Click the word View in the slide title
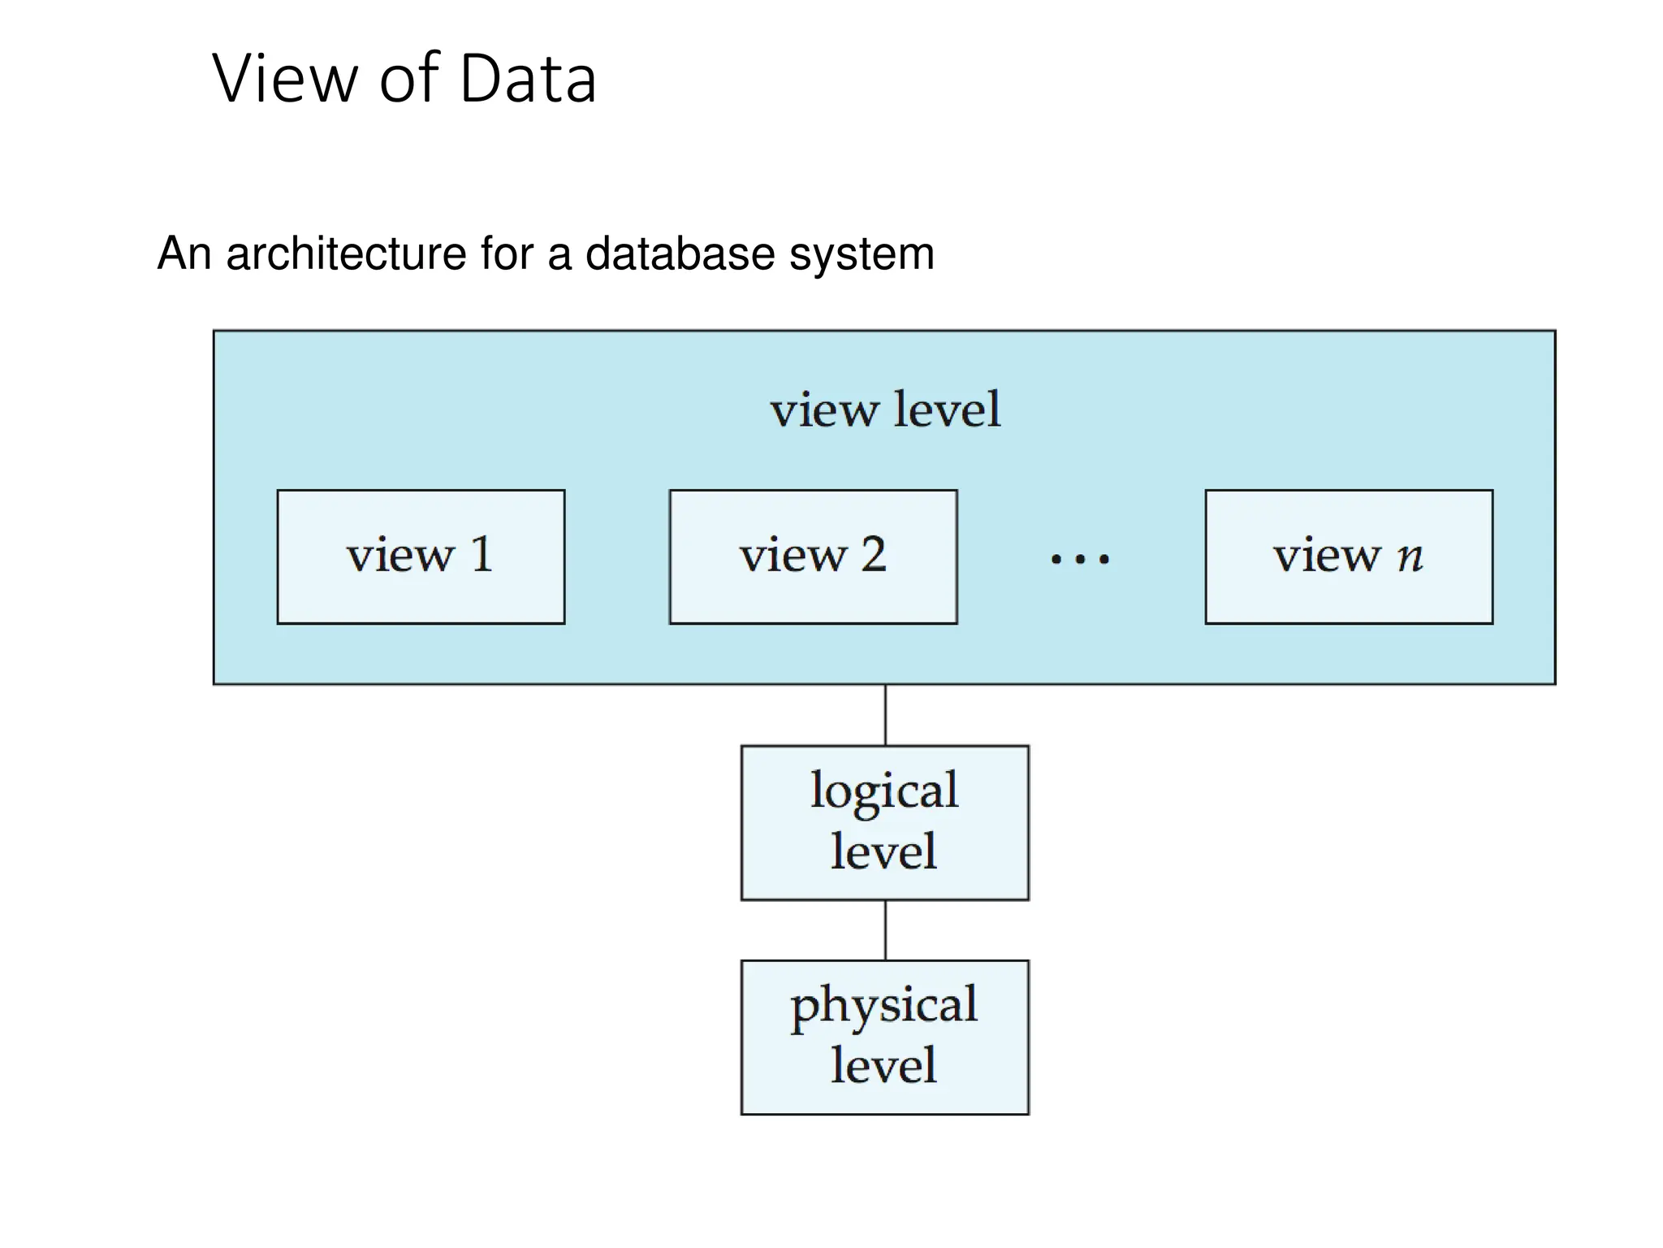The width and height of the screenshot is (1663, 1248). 284,79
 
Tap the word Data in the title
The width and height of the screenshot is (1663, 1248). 528,79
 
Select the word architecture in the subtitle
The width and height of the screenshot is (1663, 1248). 346,253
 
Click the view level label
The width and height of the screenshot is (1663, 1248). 885,409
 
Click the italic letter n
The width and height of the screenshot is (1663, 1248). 1410,557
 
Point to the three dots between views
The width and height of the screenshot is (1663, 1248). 1079,559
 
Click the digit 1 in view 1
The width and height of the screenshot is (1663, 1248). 482,555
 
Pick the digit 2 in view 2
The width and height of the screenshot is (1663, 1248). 873,555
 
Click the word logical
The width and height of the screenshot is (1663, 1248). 884,791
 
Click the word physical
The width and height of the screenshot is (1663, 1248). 884,1006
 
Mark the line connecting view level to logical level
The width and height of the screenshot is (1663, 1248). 885,715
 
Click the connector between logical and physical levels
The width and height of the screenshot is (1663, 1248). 885,930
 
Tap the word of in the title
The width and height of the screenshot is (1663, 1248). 409,79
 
